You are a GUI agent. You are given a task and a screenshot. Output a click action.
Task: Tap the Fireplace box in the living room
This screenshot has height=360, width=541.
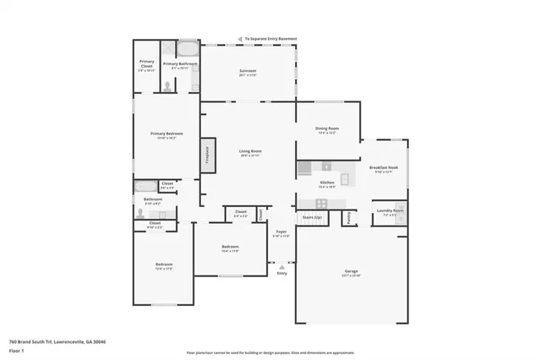205,157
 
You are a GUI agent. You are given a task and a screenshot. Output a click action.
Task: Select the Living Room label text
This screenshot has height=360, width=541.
250,151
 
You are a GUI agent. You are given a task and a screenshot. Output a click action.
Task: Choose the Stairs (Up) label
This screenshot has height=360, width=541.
313,217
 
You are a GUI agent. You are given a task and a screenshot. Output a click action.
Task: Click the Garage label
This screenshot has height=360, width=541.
350,272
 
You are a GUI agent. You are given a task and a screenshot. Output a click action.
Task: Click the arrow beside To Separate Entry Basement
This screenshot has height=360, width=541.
241,38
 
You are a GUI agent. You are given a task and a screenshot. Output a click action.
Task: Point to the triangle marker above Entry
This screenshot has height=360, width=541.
281,266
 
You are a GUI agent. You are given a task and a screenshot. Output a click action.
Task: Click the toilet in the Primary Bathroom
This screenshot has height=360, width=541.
167,85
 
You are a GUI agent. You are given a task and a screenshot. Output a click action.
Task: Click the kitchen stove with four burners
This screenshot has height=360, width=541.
321,203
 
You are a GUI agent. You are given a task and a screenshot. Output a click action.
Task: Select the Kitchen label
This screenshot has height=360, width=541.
326,183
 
